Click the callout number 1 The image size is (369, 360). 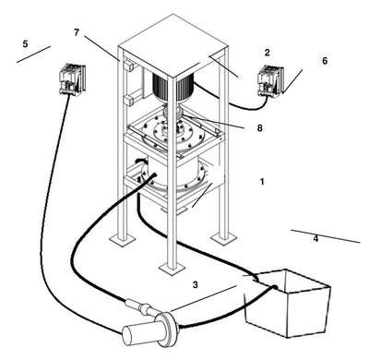pyautogui.click(x=262, y=182)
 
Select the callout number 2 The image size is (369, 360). pyautogui.click(x=267, y=53)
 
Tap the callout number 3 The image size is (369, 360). pyautogui.click(x=196, y=285)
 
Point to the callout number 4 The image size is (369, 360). pyautogui.click(x=315, y=238)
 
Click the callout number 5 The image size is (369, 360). pyautogui.click(x=25, y=44)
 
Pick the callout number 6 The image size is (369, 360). pyautogui.click(x=325, y=61)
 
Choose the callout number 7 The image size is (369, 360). pyautogui.click(x=77, y=32)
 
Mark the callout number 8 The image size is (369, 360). pyautogui.click(x=260, y=128)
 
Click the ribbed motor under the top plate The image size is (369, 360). pyautogui.click(x=173, y=88)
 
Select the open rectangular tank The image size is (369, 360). pyautogui.click(x=288, y=303)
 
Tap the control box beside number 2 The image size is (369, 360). pyautogui.click(x=270, y=81)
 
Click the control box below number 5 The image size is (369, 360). pyautogui.click(x=72, y=79)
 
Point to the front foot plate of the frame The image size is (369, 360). pyautogui.click(x=173, y=268)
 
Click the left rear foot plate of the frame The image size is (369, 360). pyautogui.click(x=122, y=239)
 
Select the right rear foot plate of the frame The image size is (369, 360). pyautogui.click(x=223, y=237)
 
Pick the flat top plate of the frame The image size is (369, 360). pyautogui.click(x=173, y=45)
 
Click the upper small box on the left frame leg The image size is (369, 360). pyautogui.click(x=128, y=66)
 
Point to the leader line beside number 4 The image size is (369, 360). pyautogui.click(x=326, y=236)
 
